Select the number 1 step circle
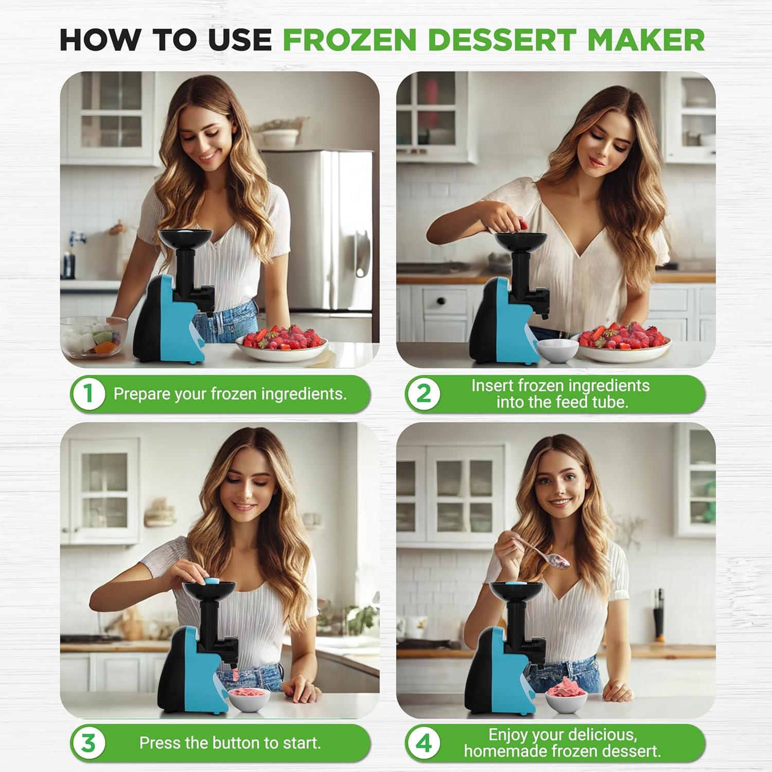point(88,394)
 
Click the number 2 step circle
point(423,394)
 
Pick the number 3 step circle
point(88,743)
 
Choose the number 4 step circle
point(423,743)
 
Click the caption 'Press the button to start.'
point(230,743)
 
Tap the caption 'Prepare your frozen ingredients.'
point(230,394)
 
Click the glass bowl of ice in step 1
point(93,337)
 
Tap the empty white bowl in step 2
point(557,350)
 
